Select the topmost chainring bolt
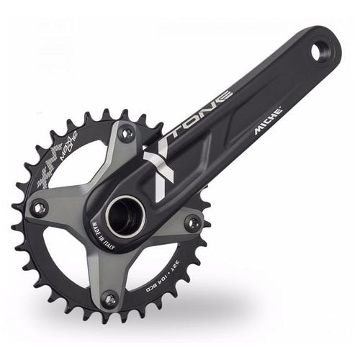point(127,133)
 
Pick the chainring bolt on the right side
point(193,222)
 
